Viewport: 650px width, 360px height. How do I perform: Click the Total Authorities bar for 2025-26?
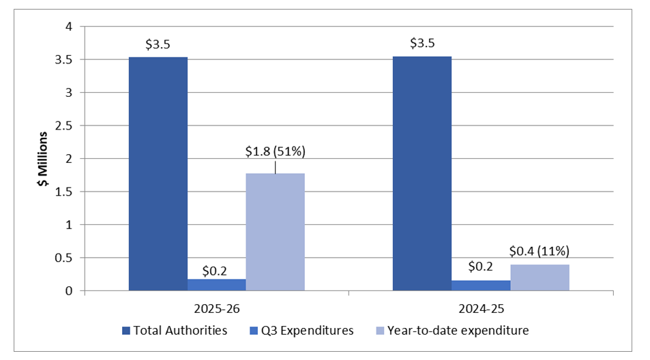point(158,174)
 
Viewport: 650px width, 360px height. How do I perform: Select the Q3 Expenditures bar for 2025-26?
point(217,285)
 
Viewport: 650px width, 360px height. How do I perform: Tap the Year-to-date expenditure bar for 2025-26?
point(275,232)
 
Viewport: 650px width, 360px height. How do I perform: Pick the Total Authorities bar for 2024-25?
point(422,174)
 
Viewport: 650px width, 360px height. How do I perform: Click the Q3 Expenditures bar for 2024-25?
point(480,286)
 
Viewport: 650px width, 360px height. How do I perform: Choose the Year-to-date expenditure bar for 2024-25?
point(539,277)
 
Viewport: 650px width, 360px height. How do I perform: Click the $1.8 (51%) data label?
point(276,152)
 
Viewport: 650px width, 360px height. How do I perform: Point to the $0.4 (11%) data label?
point(539,250)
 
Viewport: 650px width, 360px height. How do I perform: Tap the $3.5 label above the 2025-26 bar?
point(158,44)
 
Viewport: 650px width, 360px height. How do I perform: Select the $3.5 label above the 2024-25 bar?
point(422,44)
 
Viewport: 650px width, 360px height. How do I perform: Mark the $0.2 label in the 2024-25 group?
point(480,266)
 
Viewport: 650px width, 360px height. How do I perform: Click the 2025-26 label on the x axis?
point(216,307)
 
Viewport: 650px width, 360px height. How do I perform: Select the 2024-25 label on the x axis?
point(480,307)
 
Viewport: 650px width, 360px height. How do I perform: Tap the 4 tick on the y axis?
point(68,27)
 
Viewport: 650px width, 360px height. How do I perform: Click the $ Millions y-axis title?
point(42,158)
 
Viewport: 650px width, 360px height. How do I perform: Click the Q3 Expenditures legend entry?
point(303,330)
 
